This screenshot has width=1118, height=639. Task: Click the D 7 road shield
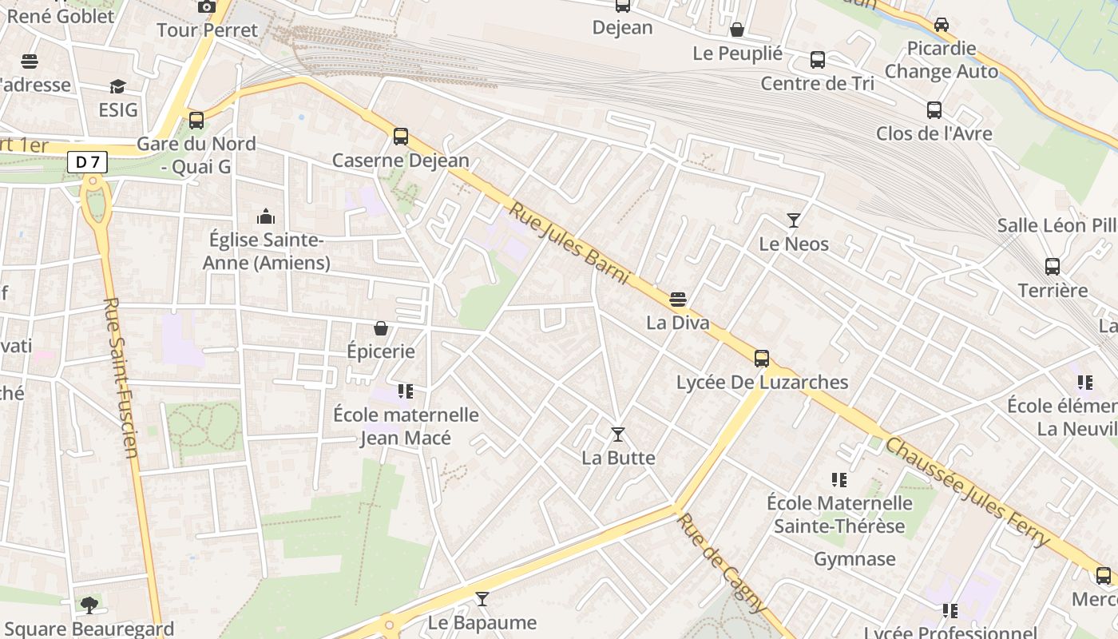point(88,162)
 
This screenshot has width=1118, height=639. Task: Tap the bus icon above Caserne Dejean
point(401,137)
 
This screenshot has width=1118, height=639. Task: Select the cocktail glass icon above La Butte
point(618,435)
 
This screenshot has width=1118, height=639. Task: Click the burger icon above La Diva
point(678,300)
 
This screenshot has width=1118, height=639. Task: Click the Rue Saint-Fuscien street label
point(121,378)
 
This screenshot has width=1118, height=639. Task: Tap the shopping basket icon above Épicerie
point(381,328)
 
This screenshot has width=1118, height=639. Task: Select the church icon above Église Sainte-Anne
point(265,216)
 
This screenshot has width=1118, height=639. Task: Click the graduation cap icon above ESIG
point(118,86)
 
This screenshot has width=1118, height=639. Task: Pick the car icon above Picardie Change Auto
point(942,25)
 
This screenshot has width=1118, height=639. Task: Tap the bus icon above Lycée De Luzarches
point(762,358)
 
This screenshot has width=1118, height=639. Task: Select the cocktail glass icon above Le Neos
point(794,220)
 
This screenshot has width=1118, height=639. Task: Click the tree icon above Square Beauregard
point(89,605)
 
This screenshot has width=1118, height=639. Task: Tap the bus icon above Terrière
point(1053,267)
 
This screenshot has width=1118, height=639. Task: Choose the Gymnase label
point(854,559)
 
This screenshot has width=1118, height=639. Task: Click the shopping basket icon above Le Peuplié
point(737,30)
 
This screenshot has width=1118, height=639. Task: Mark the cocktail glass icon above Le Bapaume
point(482,599)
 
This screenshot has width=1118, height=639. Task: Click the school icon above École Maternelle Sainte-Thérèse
point(838,480)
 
